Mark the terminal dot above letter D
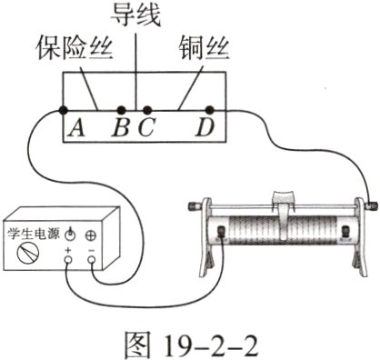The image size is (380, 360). pyautogui.click(x=211, y=109)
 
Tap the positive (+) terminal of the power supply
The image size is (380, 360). pyautogui.click(x=68, y=260)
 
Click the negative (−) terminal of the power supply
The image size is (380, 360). pyautogui.click(x=93, y=260)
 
